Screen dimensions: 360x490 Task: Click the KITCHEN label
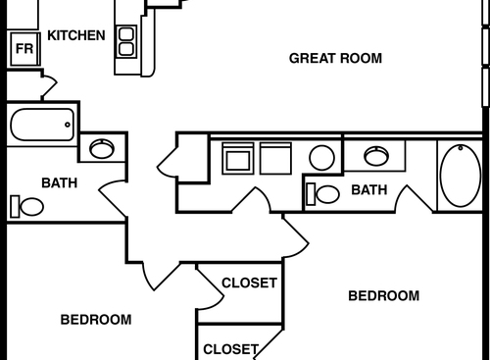point(76,35)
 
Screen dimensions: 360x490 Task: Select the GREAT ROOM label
point(335,58)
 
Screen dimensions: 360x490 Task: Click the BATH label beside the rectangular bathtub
point(59,182)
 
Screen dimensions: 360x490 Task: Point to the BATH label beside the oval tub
point(368,189)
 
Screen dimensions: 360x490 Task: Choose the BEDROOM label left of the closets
point(96,320)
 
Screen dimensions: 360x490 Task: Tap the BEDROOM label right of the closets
point(384,295)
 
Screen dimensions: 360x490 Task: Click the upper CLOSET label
point(249,283)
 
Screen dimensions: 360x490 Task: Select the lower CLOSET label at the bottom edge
point(230,348)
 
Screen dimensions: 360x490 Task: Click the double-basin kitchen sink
point(126,40)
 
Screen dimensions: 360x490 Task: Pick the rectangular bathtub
point(41,125)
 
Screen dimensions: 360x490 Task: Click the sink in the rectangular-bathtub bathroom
point(101,149)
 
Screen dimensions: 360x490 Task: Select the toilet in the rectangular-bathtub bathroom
point(27,206)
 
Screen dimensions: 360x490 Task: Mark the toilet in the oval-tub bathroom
point(323,193)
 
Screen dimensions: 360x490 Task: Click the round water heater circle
point(322,157)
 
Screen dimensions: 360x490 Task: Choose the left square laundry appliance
point(238,158)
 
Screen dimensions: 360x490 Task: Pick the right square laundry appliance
point(273,158)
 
